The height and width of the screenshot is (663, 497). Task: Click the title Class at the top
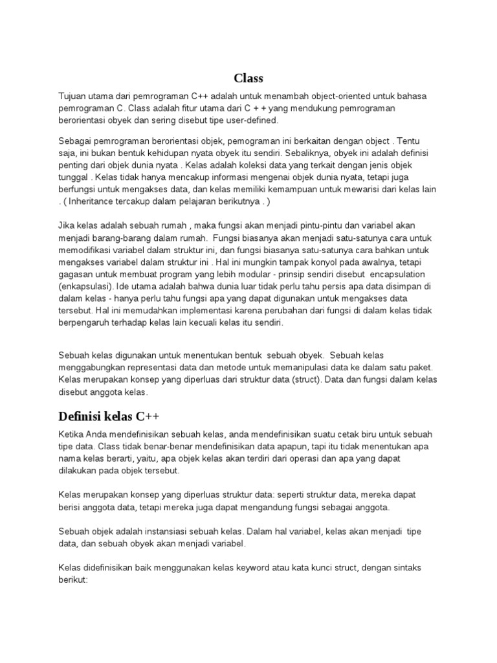[x=248, y=78]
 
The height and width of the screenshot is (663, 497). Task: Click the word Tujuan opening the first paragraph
[x=72, y=96]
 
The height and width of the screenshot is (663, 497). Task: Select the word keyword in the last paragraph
[x=234, y=568]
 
